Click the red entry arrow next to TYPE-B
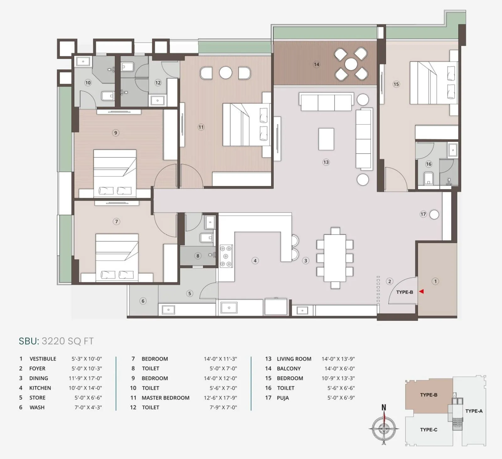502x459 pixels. click(x=422, y=292)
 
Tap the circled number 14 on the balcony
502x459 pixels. click(x=317, y=64)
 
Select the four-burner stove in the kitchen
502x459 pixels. click(x=226, y=256)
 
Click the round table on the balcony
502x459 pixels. click(x=351, y=64)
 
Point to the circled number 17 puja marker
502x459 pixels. click(x=423, y=214)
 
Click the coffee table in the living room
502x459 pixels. click(x=326, y=139)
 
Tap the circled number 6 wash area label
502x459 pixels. click(x=143, y=301)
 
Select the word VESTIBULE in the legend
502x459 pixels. click(x=43, y=359)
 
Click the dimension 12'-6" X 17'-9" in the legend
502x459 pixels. click(x=220, y=398)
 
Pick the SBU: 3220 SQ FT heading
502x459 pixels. click(x=56, y=341)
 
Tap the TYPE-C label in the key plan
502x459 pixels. click(x=429, y=430)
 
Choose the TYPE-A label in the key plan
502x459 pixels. click(x=474, y=411)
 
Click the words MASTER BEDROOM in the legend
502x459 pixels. click(x=165, y=398)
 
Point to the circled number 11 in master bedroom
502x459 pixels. click(x=201, y=127)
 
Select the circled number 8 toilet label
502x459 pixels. click(x=198, y=256)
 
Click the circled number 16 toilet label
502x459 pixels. click(x=429, y=164)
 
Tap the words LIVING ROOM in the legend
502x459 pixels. click(x=294, y=359)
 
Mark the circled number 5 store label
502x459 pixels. click(x=190, y=293)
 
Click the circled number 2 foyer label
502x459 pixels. click(x=390, y=281)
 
